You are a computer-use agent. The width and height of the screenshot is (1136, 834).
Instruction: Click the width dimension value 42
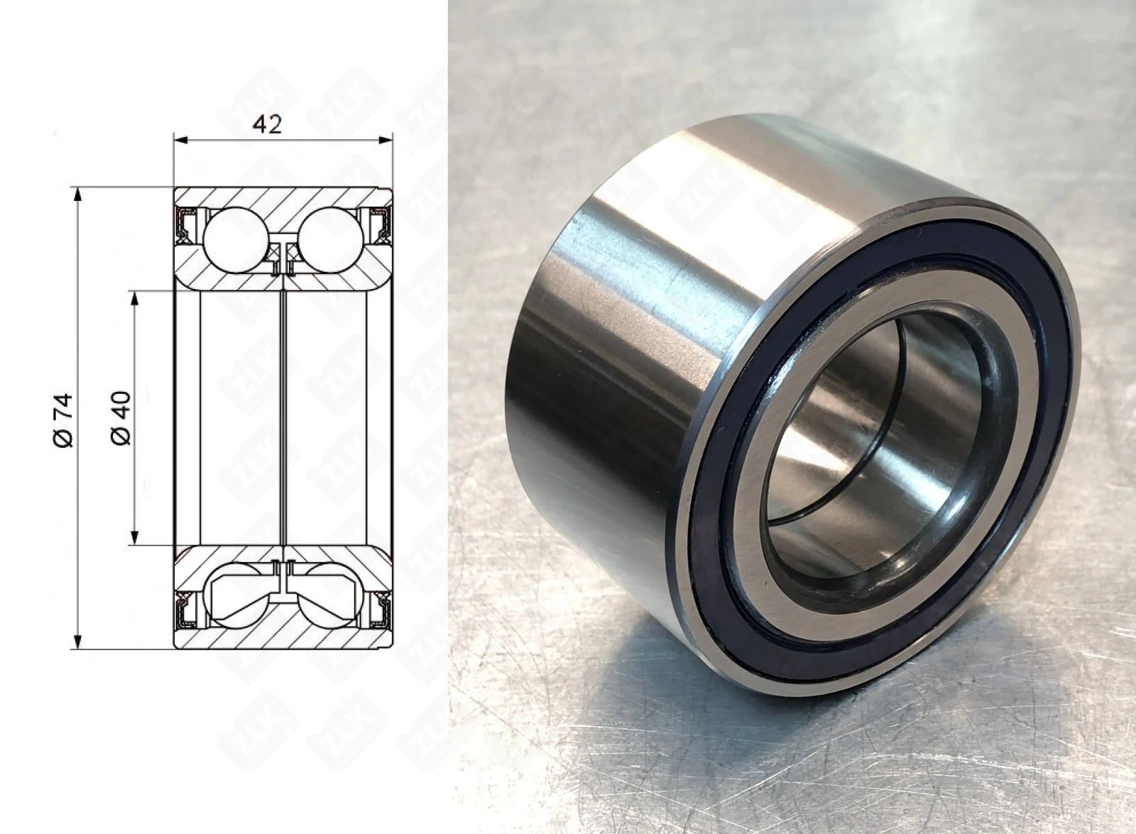(x=267, y=125)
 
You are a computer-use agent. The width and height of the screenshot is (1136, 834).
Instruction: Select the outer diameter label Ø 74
(x=63, y=421)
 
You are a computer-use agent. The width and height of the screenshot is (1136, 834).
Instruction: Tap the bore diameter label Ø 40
(x=121, y=418)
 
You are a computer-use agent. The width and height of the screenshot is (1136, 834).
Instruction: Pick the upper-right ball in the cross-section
(x=331, y=241)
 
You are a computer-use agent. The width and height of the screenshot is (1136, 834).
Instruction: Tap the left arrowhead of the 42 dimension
(x=181, y=140)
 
